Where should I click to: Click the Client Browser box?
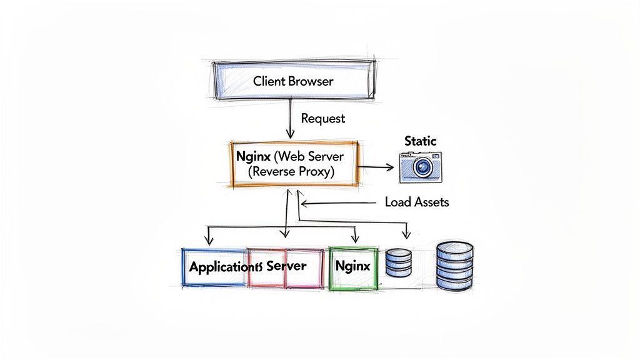293,81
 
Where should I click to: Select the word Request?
322,117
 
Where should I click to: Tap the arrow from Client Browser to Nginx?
290,119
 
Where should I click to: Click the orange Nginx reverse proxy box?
294,163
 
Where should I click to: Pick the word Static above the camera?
421,141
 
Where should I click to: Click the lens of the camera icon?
423,167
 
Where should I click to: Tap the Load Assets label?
417,202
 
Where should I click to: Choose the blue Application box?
214,267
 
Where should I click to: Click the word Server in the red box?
286,266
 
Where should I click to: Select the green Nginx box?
352,267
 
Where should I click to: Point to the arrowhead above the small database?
406,236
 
